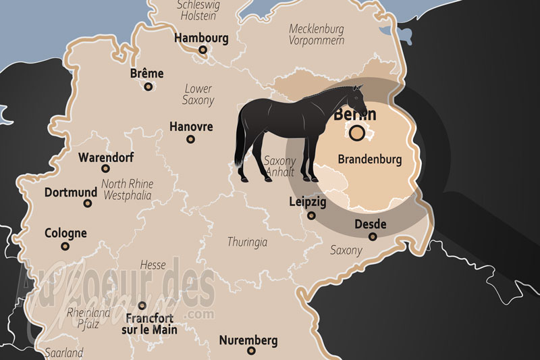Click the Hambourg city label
click(x=201, y=38)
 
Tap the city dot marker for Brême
click(x=148, y=86)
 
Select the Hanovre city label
click(x=191, y=126)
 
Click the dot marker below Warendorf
click(x=105, y=169)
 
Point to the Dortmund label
click(x=71, y=192)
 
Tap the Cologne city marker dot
click(x=65, y=247)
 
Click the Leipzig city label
click(x=308, y=202)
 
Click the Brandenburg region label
click(x=369, y=160)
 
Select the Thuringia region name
click(x=248, y=242)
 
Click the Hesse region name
click(x=153, y=265)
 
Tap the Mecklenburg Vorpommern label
click(x=317, y=34)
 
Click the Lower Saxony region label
click(x=198, y=95)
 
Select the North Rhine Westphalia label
click(x=127, y=190)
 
